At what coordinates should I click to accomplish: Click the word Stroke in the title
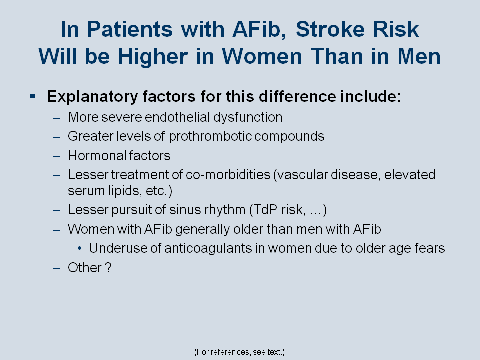[330, 29]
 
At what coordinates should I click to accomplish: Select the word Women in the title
[262, 56]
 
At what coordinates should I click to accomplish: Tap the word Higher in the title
[153, 57]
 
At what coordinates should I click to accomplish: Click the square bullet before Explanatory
[33, 97]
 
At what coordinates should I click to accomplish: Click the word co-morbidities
[228, 175]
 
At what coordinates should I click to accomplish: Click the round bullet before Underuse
[80, 249]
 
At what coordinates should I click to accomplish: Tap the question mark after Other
[108, 268]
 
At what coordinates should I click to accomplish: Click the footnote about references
[239, 352]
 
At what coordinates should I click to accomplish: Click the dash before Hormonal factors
[56, 156]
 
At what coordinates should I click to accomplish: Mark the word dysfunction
[248, 118]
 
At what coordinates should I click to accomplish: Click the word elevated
[410, 175]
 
